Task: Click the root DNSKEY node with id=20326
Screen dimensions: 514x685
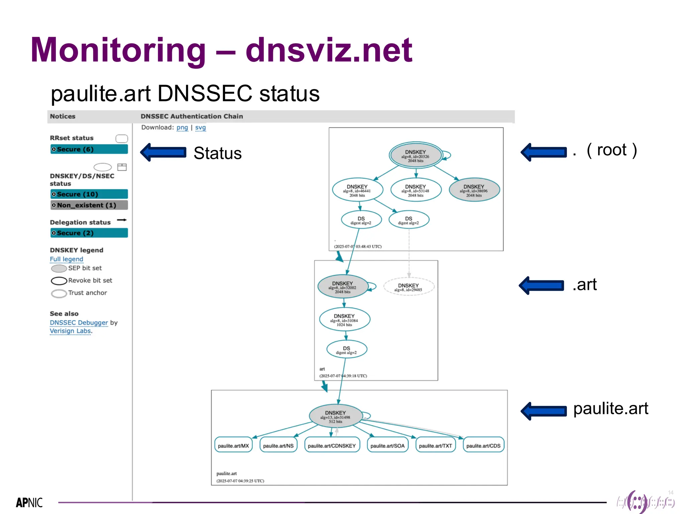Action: [415, 156]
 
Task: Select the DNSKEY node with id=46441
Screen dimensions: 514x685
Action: [357, 190]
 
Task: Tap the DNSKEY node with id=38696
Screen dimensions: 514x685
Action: [474, 190]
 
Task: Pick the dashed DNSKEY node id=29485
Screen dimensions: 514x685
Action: [409, 287]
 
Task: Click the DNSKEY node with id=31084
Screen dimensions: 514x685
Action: [345, 320]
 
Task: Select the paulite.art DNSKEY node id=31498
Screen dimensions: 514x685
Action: [335, 416]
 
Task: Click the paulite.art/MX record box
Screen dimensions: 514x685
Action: [233, 445]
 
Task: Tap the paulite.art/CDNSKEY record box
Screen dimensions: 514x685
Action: [332, 445]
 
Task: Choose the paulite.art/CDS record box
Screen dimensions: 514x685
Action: [483, 445]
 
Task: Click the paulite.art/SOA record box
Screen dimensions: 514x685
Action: [387, 445]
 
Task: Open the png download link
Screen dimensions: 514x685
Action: [182, 127]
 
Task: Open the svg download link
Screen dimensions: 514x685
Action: [200, 127]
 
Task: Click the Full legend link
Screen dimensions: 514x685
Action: [66, 259]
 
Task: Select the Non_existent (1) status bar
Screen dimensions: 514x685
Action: [89, 205]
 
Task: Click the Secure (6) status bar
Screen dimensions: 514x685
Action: [89, 149]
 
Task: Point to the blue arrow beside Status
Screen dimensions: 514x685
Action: [163, 152]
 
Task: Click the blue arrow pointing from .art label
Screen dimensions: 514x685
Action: [541, 285]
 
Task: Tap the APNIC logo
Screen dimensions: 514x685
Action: [29, 502]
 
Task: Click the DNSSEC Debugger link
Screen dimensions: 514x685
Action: [79, 323]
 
